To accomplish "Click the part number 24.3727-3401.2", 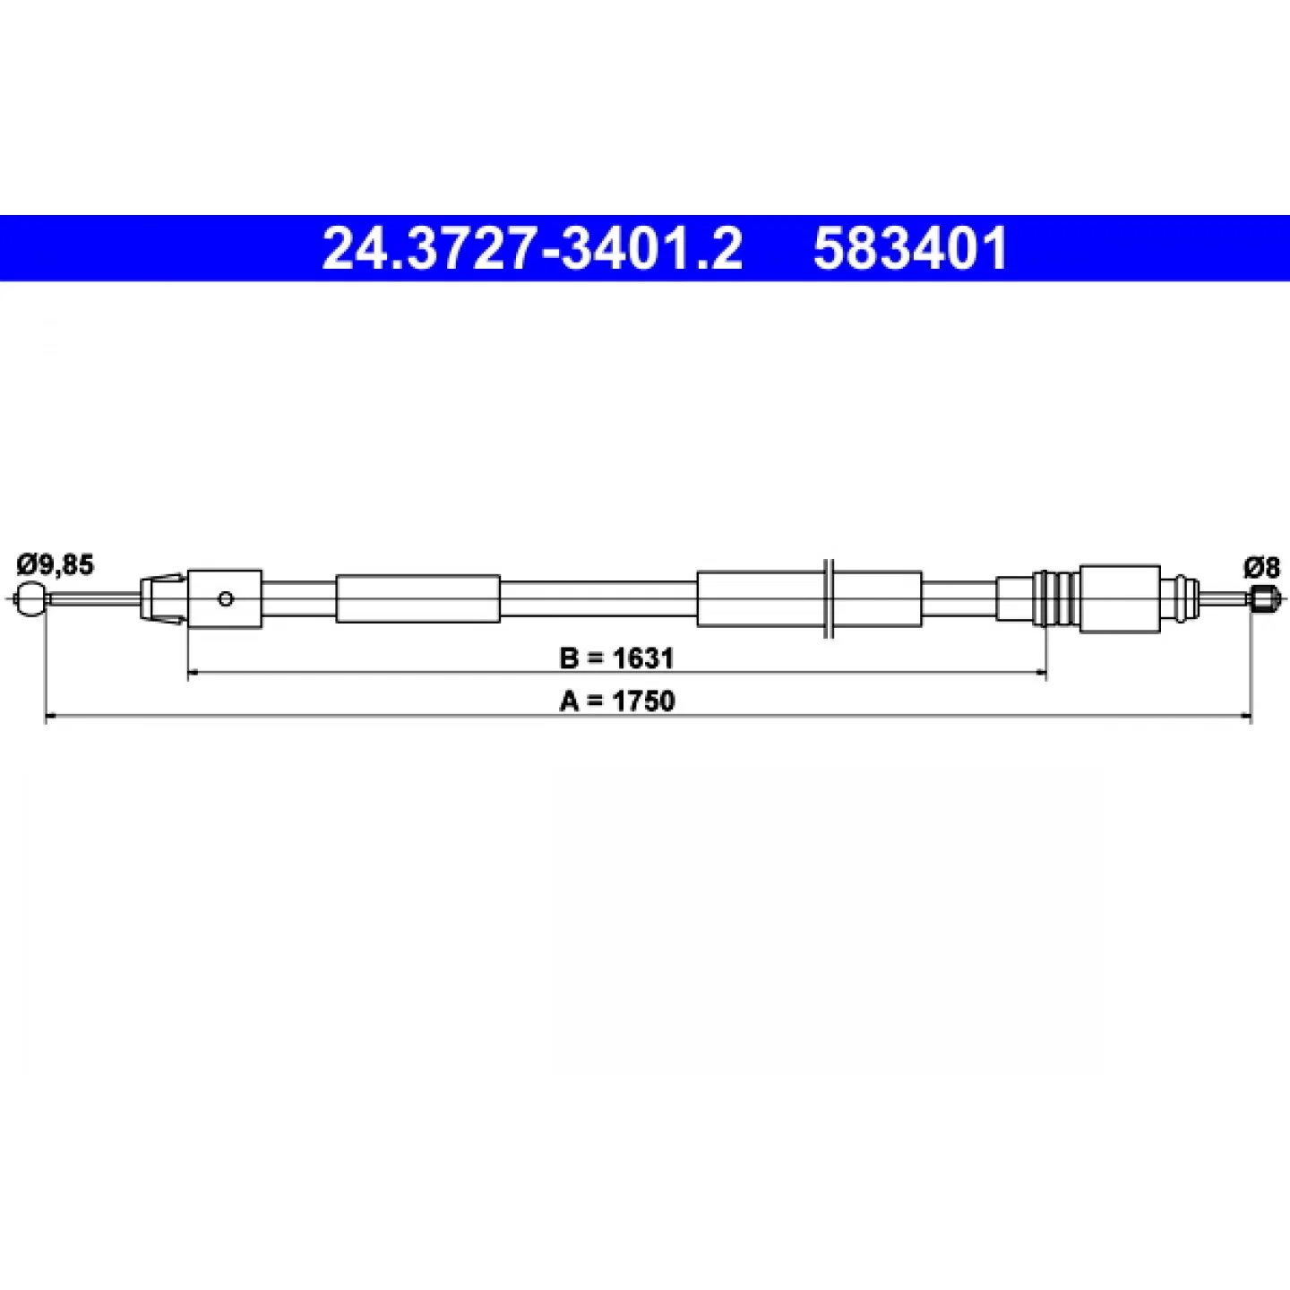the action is (x=532, y=249).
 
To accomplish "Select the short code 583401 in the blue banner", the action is (x=910, y=249).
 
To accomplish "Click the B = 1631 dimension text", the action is (x=616, y=659).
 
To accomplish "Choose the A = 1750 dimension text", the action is (x=616, y=701).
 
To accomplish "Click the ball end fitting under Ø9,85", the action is (x=30, y=598).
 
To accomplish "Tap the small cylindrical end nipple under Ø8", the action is (x=1262, y=598).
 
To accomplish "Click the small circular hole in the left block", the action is (x=226, y=598).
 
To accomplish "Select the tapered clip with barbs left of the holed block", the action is (x=163, y=598).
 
